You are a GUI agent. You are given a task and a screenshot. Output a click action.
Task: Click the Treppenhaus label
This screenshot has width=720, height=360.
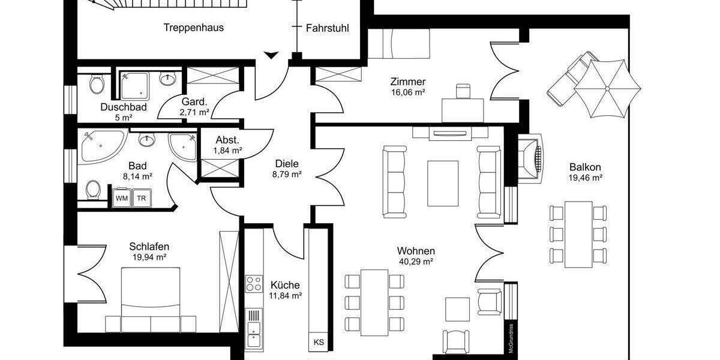[x=194, y=27]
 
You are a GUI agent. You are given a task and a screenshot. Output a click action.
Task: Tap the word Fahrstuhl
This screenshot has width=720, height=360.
[x=327, y=28]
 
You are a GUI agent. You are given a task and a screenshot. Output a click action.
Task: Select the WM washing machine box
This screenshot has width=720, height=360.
[x=121, y=198]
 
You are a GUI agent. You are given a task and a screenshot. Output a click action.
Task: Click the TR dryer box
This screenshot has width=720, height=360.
[x=142, y=198]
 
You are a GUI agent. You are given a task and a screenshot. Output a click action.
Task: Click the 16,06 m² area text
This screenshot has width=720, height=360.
[x=408, y=93]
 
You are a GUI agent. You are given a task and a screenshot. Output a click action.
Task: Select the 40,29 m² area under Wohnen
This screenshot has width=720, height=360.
[x=415, y=262]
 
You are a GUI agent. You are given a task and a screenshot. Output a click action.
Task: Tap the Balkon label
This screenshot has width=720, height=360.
[x=585, y=167]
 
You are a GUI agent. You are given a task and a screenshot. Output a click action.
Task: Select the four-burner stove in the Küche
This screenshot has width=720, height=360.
[x=254, y=283]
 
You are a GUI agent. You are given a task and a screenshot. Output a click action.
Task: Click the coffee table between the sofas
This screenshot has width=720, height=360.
[x=442, y=181]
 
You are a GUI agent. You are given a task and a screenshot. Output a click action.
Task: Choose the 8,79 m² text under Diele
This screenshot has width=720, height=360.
[x=286, y=175]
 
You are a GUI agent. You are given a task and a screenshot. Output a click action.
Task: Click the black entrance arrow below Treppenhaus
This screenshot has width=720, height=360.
[x=271, y=56]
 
